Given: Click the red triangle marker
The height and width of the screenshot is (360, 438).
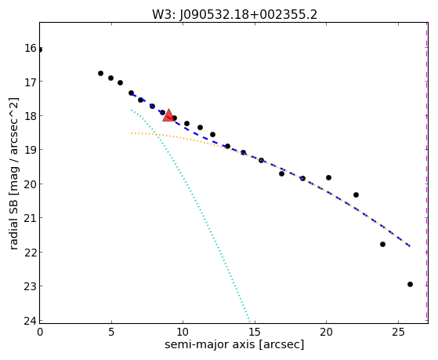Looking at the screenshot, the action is click(x=168, y=116).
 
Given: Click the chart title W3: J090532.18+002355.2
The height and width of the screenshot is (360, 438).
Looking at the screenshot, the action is click(x=234, y=15).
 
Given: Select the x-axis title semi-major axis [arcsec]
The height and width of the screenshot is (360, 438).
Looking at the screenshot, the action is click(x=234, y=344).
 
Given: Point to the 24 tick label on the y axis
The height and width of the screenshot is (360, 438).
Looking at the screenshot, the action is click(x=30, y=321).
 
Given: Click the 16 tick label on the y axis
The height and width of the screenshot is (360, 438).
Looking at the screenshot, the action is click(x=30, y=48).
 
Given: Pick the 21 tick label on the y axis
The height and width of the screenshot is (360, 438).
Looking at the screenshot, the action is click(x=30, y=218).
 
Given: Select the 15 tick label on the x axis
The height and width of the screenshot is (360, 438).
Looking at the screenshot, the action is click(x=255, y=332).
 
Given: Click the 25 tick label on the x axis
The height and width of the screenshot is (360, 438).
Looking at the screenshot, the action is click(x=398, y=332).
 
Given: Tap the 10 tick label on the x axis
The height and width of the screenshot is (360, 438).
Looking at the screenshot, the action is click(x=183, y=332).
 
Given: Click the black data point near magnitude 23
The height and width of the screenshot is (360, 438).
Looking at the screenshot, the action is click(x=410, y=284).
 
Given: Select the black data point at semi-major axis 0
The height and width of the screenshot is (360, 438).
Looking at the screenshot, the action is click(x=40, y=49).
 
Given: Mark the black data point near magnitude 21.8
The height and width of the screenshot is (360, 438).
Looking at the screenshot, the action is click(x=382, y=244).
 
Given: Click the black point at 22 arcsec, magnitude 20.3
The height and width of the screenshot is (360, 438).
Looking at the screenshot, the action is click(x=356, y=195).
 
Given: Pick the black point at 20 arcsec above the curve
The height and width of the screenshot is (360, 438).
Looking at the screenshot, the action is click(x=328, y=177).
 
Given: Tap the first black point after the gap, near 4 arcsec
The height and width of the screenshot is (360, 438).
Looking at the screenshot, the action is click(x=100, y=73).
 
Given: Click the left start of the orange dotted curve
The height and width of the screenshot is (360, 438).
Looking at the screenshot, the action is click(x=132, y=133).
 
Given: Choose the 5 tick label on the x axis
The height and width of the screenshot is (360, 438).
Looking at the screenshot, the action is click(x=111, y=332).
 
